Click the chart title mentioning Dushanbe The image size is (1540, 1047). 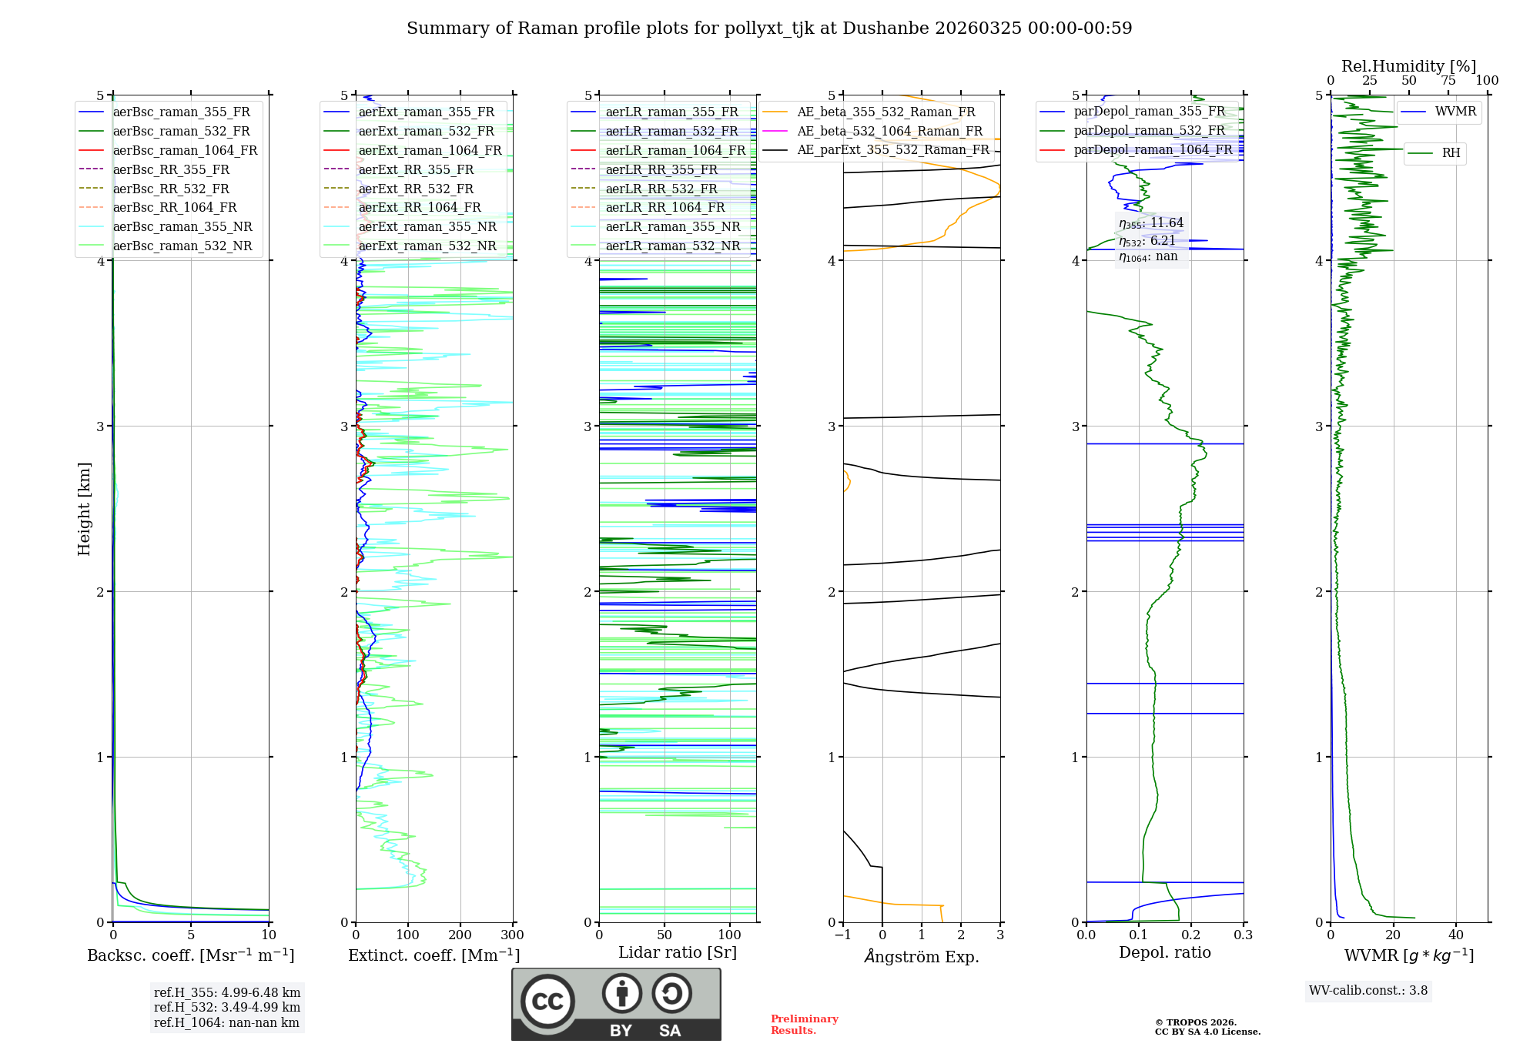click(x=769, y=28)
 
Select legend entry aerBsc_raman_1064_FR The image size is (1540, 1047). click(x=185, y=150)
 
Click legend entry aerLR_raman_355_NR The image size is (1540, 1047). click(x=672, y=226)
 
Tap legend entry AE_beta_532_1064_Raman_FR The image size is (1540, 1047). click(x=889, y=131)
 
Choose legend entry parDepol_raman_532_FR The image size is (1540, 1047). click(x=1149, y=131)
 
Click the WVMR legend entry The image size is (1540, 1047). click(x=1455, y=112)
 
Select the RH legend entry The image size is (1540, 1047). click(x=1451, y=153)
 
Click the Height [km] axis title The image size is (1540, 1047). click(x=84, y=509)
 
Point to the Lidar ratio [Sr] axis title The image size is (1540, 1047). click(x=678, y=952)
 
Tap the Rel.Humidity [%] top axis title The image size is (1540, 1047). click(x=1408, y=66)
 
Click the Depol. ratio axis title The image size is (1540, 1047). click(x=1164, y=952)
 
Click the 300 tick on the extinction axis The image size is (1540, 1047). click(x=512, y=935)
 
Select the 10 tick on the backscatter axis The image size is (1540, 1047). click(x=269, y=935)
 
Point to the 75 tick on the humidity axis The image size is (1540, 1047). click(x=1448, y=81)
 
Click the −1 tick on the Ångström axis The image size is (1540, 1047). click(x=842, y=935)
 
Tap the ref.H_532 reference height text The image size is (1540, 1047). click(x=227, y=1007)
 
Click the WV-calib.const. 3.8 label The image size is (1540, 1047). click(x=1368, y=991)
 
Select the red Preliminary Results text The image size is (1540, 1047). click(x=804, y=1025)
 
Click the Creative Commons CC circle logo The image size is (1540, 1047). click(x=547, y=1001)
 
